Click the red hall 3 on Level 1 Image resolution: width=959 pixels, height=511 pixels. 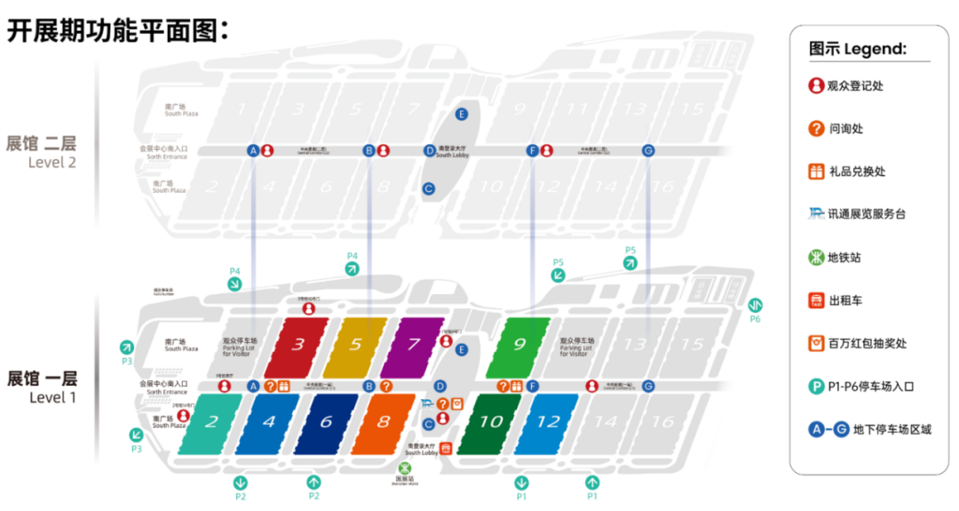[297, 345]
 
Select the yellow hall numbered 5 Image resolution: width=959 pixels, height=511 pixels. [355, 345]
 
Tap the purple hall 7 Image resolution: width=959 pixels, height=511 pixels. [413, 345]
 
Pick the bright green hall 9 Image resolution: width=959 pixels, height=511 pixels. [519, 345]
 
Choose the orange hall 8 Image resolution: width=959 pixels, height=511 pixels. [383, 422]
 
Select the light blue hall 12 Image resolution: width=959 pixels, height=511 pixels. [547, 422]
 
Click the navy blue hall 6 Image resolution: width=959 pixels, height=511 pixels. [326, 422]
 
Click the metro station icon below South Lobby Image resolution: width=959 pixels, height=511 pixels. [404, 467]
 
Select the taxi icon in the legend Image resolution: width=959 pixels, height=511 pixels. [816, 300]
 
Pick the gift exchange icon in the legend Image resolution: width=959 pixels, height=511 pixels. [816, 172]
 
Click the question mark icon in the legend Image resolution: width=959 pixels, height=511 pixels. [816, 129]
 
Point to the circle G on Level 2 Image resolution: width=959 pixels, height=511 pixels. [648, 150]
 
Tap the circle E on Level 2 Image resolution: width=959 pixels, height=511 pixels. [462, 114]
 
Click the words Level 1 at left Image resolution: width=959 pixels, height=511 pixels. [52, 397]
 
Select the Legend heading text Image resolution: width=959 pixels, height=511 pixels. [858, 49]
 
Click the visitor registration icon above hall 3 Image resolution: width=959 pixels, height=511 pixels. [308, 308]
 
